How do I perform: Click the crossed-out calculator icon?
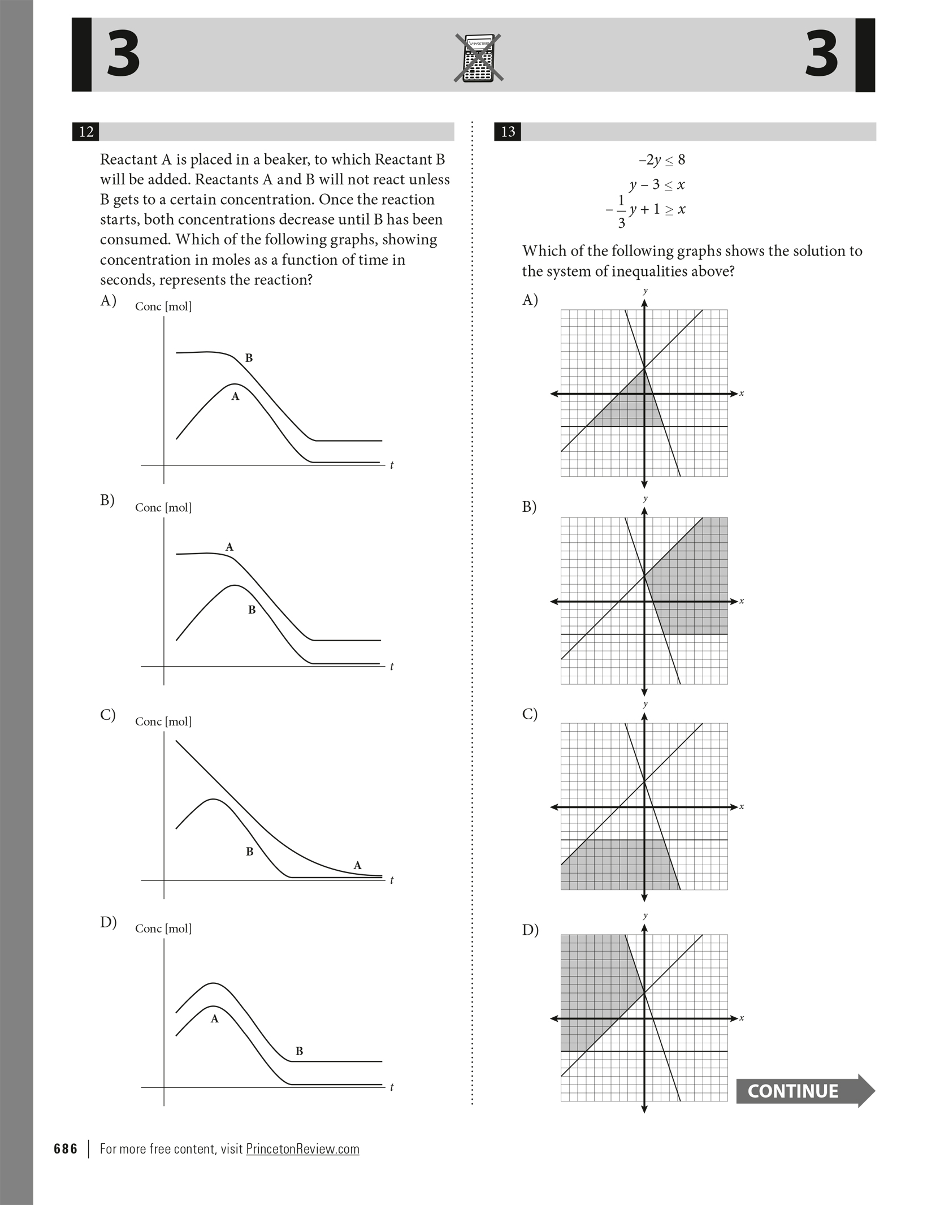[478, 58]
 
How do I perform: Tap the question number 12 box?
[86, 132]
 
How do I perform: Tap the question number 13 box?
[508, 132]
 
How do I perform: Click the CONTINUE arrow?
[804, 1090]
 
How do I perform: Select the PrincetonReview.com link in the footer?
[302, 1148]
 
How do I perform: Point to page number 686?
[66, 1148]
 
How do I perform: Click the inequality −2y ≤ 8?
[661, 160]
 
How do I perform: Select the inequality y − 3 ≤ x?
[657, 185]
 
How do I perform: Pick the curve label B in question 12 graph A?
[249, 358]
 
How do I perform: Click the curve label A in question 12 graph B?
[229, 547]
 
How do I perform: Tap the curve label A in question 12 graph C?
[357, 865]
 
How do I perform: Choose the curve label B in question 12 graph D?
[299, 1051]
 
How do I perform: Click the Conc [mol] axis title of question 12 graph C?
[163, 722]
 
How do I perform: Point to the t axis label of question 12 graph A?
[392, 465]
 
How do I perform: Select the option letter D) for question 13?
[530, 930]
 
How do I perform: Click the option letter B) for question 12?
[107, 500]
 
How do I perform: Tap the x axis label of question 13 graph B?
[742, 601]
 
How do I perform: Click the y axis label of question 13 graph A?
[645, 291]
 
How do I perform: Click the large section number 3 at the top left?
[123, 54]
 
